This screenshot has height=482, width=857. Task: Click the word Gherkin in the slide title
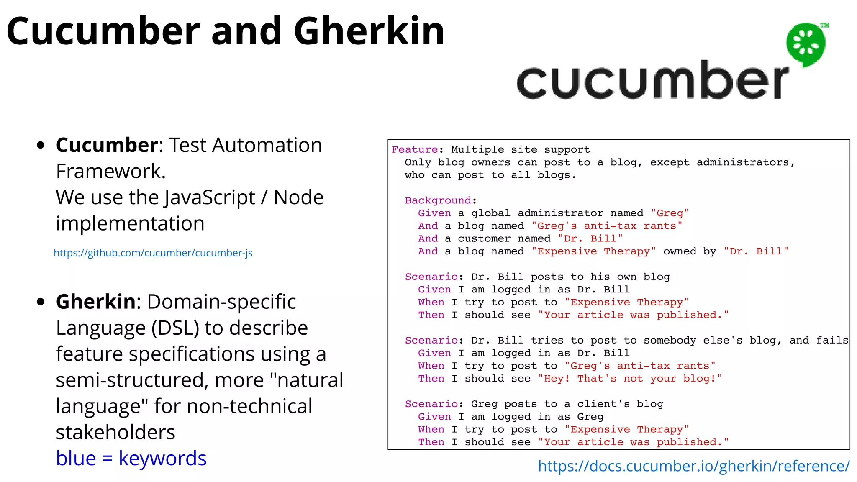[369, 31]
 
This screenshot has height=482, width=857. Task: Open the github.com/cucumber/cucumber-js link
[153, 253]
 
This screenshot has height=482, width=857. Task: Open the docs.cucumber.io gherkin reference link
[694, 466]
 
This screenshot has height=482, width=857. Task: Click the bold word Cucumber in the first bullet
[107, 146]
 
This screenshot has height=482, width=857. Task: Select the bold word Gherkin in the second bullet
[96, 302]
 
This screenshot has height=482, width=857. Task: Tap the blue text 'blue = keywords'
[131, 459]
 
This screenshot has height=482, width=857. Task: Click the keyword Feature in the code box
[415, 150]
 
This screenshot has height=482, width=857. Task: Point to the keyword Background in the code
[438, 200]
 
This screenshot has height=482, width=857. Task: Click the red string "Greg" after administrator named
[670, 213]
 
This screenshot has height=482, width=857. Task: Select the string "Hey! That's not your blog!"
[630, 379]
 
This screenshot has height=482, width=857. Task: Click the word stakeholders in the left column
[115, 432]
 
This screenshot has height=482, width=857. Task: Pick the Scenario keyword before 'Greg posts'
[431, 404]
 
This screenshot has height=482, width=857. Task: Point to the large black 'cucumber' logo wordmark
[652, 81]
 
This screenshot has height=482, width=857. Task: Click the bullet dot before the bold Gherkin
[41, 302]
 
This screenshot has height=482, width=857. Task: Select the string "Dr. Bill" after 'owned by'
[756, 251]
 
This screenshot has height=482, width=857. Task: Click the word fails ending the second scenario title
[832, 341]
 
